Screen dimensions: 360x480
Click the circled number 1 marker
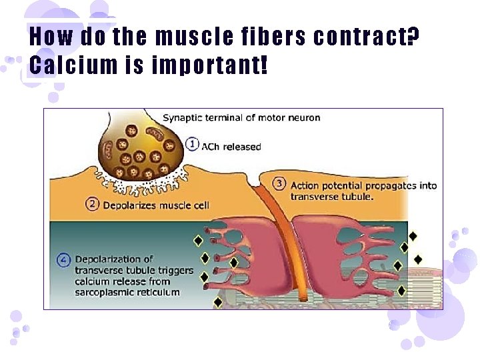click(193, 143)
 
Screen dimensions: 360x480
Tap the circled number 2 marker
click(94, 203)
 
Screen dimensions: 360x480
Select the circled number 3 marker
click(279, 183)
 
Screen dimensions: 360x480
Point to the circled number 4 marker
click(65, 261)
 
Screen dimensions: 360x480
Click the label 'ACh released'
click(231, 147)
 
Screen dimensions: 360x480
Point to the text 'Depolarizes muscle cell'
click(156, 205)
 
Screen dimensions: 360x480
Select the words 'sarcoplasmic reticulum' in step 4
click(127, 292)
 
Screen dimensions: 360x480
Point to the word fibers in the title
click(279, 37)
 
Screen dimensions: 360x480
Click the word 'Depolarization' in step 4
click(109, 259)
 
